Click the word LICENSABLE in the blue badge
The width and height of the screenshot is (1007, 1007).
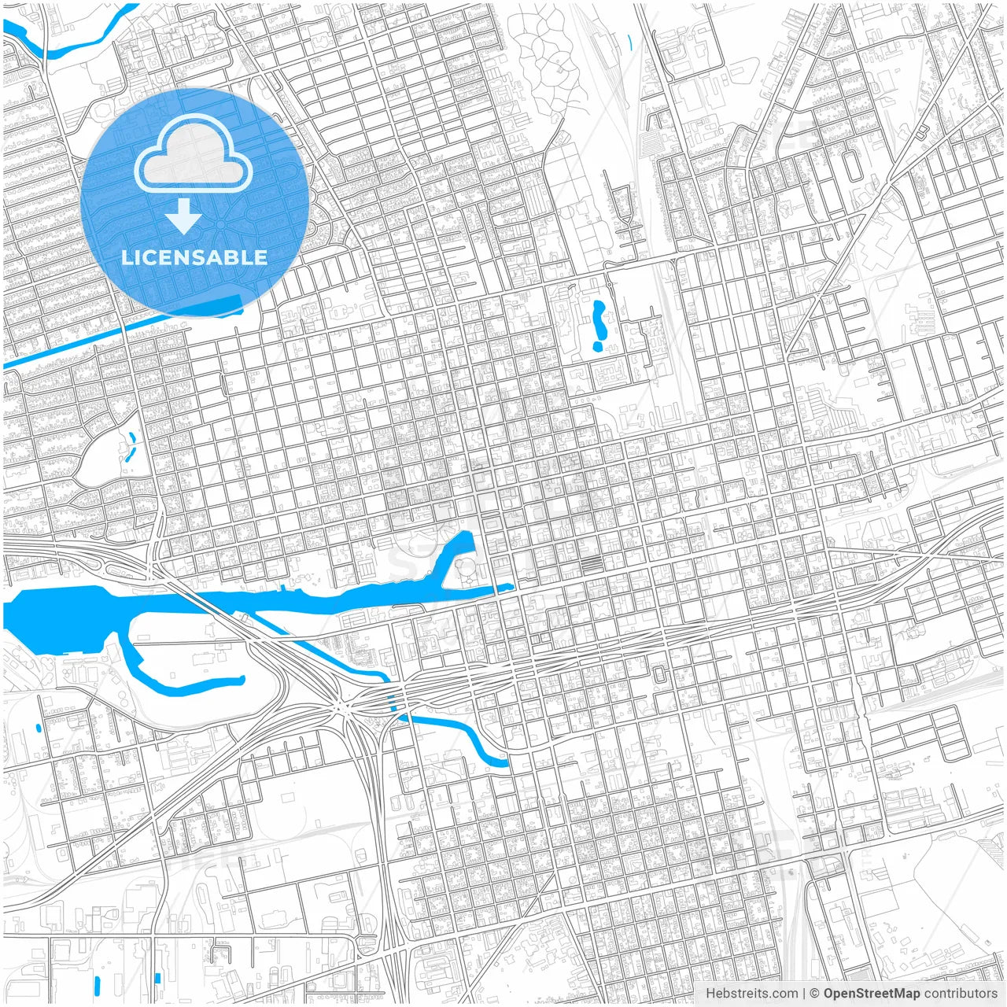tap(194, 257)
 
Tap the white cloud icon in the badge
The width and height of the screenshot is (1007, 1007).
tap(194, 153)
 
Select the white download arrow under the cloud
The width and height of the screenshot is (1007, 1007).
tap(184, 216)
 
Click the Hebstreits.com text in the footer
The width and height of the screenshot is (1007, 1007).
tap(751, 994)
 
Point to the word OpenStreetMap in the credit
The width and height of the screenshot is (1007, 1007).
tap(872, 994)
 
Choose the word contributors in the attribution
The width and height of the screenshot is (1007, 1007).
tap(961, 994)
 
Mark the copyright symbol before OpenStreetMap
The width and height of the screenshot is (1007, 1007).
tap(815, 994)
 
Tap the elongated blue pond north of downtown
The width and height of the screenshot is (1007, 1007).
tap(599, 325)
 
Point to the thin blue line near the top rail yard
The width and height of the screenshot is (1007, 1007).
tap(630, 42)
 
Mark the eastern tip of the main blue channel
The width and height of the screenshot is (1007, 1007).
tap(507, 587)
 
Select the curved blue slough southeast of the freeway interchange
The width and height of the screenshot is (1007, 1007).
tap(472, 740)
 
